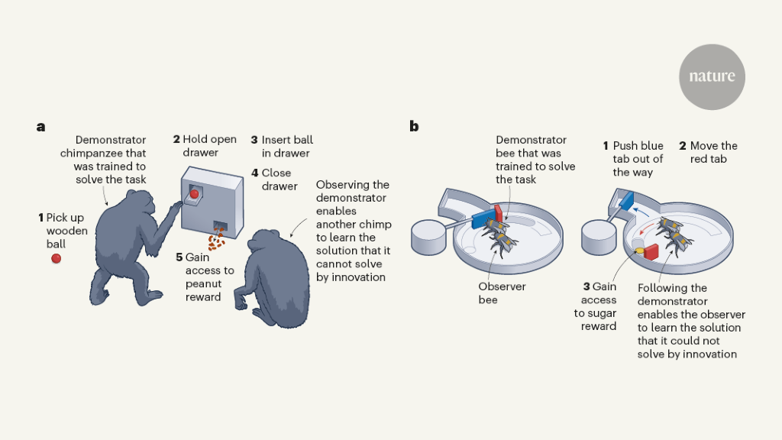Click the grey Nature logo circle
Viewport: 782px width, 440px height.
click(x=711, y=76)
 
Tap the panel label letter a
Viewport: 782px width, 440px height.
click(x=40, y=127)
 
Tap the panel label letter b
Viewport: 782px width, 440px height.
click(x=414, y=127)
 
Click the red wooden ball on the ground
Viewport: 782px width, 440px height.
click(x=56, y=258)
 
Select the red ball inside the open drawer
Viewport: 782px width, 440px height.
click(x=194, y=194)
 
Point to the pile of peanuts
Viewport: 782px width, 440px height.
click(x=217, y=241)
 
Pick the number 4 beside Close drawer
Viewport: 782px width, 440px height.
click(x=254, y=173)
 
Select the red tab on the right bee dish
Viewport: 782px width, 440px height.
click(x=654, y=250)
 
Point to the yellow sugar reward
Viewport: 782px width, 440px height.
click(x=638, y=246)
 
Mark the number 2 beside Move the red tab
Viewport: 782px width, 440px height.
click(x=683, y=146)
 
